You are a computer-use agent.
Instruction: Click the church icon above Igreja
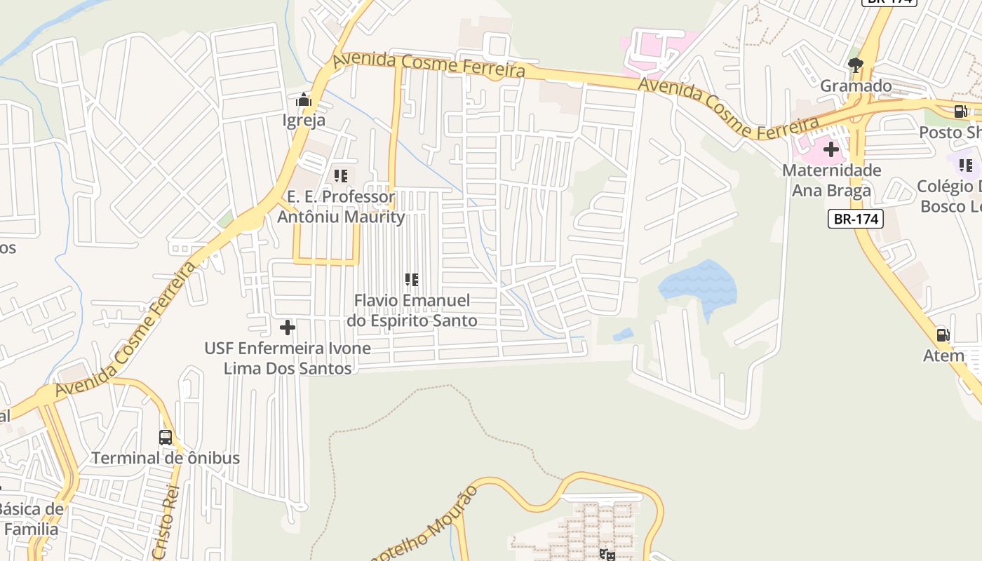click(304, 100)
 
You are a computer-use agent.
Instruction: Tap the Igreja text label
click(304, 120)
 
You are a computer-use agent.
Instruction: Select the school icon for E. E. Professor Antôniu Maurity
click(341, 176)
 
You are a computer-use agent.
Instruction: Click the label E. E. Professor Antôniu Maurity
click(341, 207)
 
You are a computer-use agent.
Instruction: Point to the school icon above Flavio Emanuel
click(412, 280)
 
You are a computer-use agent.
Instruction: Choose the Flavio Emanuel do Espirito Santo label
click(412, 311)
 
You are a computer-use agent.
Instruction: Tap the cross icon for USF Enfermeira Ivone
click(287, 327)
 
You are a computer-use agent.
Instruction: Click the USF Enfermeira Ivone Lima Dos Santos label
click(288, 358)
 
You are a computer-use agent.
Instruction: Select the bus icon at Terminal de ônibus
click(166, 438)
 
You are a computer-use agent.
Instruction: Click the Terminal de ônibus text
click(166, 458)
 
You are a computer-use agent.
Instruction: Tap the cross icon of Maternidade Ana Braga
click(831, 149)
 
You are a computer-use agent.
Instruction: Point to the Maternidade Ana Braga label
click(831, 180)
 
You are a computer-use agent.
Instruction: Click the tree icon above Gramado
click(855, 66)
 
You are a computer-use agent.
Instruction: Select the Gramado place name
click(856, 86)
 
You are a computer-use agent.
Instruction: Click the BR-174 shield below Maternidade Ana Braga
click(855, 219)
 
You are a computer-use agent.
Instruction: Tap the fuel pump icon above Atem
click(943, 335)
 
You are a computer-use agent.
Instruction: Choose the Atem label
click(943, 356)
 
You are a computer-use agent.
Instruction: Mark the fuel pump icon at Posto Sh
click(960, 111)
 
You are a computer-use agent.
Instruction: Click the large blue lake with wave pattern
click(698, 286)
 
